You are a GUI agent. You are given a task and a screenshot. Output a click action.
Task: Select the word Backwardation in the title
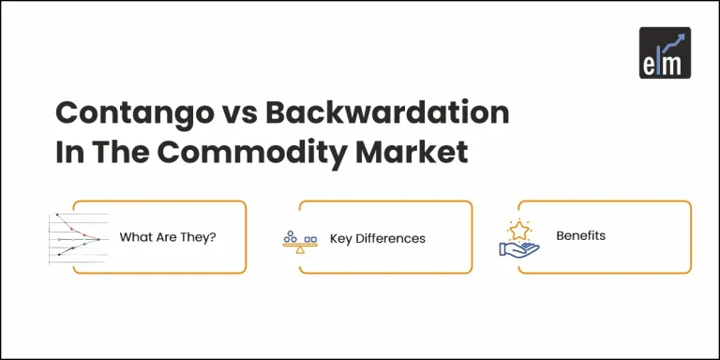coord(388,113)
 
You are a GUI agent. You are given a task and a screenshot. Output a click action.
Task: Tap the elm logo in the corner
coord(665,52)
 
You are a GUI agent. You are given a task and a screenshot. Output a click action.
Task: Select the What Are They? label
coord(168,237)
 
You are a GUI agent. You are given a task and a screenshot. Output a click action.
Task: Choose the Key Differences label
coord(377,238)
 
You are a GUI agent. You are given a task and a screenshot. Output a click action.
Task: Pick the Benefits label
coord(580,235)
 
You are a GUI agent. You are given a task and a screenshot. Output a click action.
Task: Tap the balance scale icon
coord(300,241)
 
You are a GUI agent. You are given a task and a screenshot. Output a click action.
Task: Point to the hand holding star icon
coord(518,238)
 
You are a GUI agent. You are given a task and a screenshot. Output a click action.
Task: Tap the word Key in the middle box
coord(340,238)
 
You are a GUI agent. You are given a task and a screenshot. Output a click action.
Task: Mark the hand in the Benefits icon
coord(517,248)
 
